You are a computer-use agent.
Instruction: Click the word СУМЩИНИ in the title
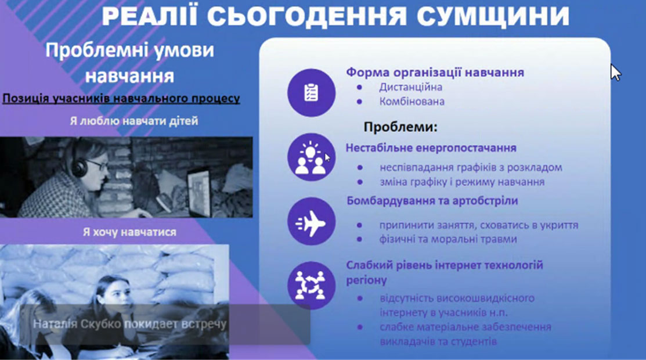(493, 16)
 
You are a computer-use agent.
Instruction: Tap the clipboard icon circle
(312, 93)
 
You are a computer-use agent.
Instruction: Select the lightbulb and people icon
(312, 157)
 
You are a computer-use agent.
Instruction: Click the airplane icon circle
(312, 221)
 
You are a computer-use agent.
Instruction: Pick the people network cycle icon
(312, 285)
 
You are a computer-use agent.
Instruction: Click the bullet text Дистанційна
(411, 87)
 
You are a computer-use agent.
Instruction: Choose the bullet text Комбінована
(412, 102)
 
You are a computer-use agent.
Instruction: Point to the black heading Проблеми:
(400, 127)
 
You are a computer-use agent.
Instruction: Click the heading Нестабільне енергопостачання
(431, 147)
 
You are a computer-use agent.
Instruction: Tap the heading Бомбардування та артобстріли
(432, 201)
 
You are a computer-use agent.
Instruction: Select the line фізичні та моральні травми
(448, 239)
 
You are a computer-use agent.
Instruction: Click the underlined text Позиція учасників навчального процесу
(121, 99)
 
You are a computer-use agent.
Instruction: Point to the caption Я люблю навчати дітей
(134, 121)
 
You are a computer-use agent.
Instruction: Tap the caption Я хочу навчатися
(130, 232)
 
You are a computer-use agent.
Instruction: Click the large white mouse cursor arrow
(616, 72)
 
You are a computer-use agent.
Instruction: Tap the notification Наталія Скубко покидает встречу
(130, 324)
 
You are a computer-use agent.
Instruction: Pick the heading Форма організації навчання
(435, 72)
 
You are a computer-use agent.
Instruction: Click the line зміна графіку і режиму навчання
(462, 182)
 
